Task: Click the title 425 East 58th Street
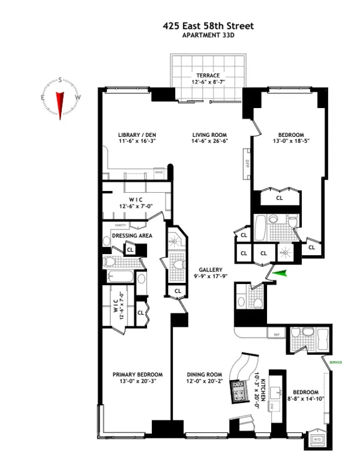(x=209, y=26)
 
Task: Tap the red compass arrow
(x=60, y=103)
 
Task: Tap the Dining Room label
(x=202, y=375)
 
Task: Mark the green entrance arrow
(x=280, y=274)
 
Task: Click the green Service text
(x=337, y=362)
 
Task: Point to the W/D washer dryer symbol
(x=317, y=440)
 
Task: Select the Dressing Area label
(x=132, y=236)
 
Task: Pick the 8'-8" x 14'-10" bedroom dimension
(x=306, y=395)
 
